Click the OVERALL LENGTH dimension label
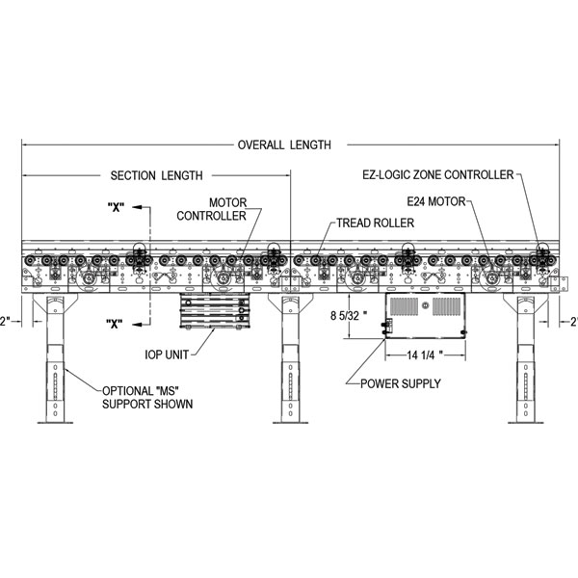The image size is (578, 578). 284,145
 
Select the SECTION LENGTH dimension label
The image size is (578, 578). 156,175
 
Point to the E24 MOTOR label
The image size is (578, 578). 435,201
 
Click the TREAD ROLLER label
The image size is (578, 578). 375,223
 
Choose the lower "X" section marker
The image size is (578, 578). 114,324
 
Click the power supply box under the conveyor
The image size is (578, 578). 426,316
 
